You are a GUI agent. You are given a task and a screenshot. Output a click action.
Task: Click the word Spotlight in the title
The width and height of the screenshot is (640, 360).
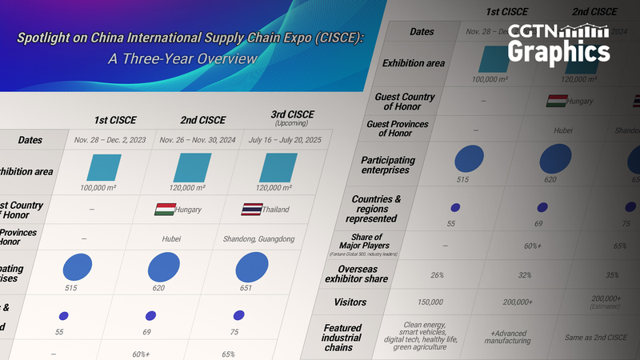(x=49, y=38)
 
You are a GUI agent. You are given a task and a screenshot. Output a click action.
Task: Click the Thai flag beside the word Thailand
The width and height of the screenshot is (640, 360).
(x=251, y=210)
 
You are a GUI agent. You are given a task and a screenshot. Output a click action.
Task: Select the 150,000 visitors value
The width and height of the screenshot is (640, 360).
(x=430, y=302)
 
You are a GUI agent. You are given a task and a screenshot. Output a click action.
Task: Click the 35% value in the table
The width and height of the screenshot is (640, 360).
(x=610, y=274)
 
